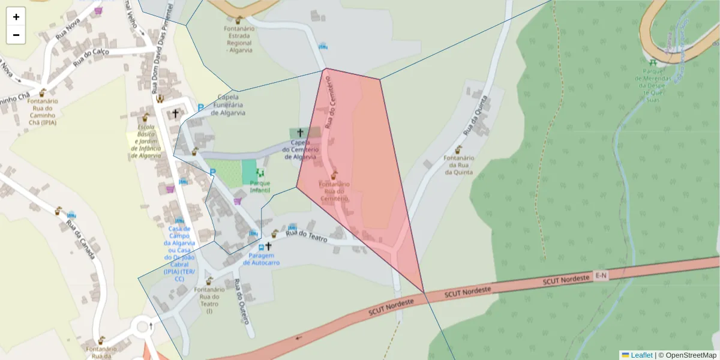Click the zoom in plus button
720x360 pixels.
(16, 17)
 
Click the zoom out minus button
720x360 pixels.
(16, 35)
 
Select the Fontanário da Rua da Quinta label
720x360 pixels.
(459, 165)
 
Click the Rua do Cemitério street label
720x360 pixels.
(332, 106)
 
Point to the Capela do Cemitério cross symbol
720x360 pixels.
(301, 132)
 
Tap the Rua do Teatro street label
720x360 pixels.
(306, 236)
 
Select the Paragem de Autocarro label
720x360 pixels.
(261, 259)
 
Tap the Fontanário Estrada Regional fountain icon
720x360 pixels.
(240, 21)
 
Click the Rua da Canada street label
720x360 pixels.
(80, 240)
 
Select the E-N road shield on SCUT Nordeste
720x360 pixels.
(601, 275)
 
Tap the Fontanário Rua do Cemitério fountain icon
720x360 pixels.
(334, 175)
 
